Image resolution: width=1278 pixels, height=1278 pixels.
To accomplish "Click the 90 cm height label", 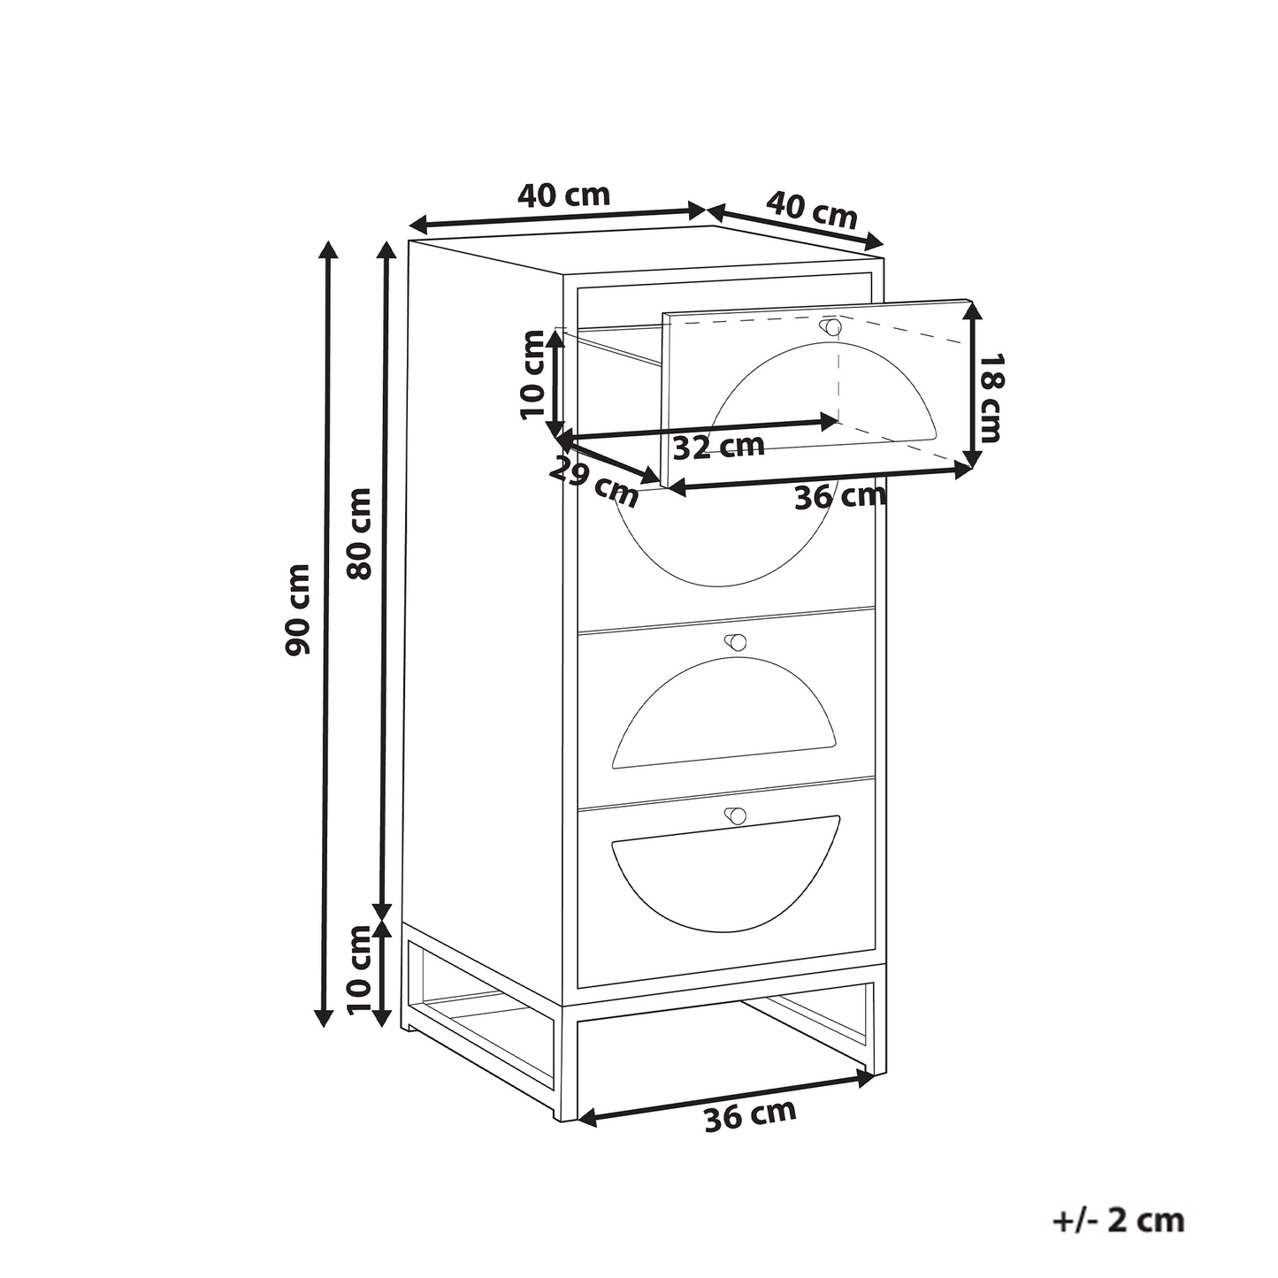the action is point(298,609).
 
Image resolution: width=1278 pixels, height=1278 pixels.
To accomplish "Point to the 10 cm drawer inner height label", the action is point(532,374).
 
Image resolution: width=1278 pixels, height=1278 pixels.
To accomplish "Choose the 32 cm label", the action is point(719,446).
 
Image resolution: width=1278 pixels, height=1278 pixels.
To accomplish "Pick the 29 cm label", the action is point(593,482).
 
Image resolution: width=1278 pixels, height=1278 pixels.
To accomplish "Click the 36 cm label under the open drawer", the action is point(840,496).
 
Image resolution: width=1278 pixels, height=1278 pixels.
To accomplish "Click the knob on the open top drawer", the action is point(830,326).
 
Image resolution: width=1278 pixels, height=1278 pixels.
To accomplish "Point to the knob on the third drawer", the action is point(736,642).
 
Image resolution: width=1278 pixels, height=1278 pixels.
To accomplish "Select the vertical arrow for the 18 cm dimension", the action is point(972,384).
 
